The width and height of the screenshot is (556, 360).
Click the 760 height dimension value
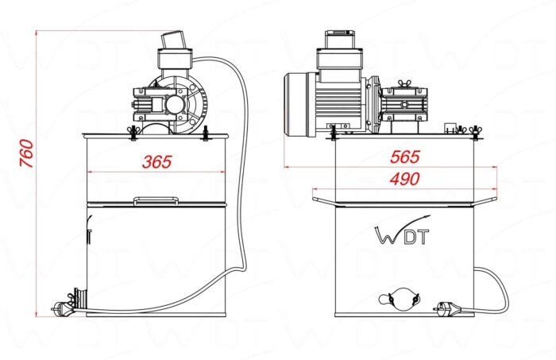coord(26,153)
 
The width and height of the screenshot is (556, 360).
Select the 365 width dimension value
coord(157,162)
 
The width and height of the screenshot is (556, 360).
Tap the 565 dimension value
coord(405,157)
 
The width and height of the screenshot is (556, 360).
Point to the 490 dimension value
coord(405,179)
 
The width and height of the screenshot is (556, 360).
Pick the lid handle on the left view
coord(156,201)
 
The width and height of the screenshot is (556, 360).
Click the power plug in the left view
coord(63,308)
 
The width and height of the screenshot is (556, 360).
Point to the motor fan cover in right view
coord(296,104)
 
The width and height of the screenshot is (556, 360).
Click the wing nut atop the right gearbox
coord(404,84)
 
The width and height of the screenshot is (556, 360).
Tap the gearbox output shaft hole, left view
coord(176,105)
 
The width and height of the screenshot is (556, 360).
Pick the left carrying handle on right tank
coord(324,201)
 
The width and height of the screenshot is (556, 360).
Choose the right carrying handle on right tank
coord(485,201)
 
